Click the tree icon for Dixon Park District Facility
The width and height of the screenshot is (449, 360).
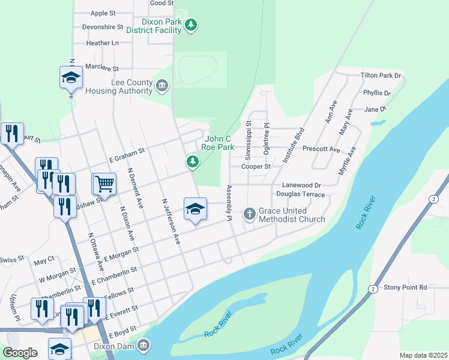pos(191,25)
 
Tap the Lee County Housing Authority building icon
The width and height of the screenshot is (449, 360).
pos(161,86)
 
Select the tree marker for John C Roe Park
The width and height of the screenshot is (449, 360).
pos(192,161)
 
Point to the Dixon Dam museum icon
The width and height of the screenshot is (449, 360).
pos(143,346)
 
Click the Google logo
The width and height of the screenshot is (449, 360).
pos(20,353)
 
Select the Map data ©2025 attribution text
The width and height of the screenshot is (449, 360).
pos(423,355)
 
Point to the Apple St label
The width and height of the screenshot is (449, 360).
pos(103,13)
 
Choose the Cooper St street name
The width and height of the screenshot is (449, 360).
pos(256,166)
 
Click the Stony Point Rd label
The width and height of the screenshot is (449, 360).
pos(405,287)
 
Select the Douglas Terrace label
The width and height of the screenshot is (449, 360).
pos(300,194)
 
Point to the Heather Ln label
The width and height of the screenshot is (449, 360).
pos(102,43)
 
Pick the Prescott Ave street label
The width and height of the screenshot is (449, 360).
pos(321,149)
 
